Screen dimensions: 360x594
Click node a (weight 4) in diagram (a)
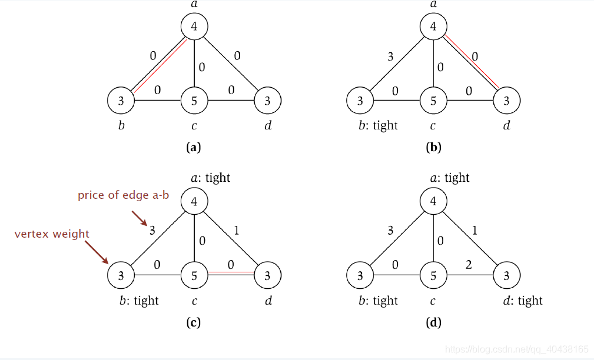point(194,27)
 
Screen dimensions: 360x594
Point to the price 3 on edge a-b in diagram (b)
point(390,56)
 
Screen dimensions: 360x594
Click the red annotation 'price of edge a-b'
point(124,195)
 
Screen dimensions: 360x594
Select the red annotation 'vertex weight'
point(52,234)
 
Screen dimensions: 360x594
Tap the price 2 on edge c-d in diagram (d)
point(470,265)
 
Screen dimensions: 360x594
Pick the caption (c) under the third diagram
point(193,322)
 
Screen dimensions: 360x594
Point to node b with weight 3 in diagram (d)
point(360,275)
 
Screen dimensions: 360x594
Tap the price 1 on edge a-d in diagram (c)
point(236,231)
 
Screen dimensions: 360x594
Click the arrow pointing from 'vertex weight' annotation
point(97,251)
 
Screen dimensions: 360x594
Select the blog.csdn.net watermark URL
point(517,349)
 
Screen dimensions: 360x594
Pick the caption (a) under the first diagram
point(193,148)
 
